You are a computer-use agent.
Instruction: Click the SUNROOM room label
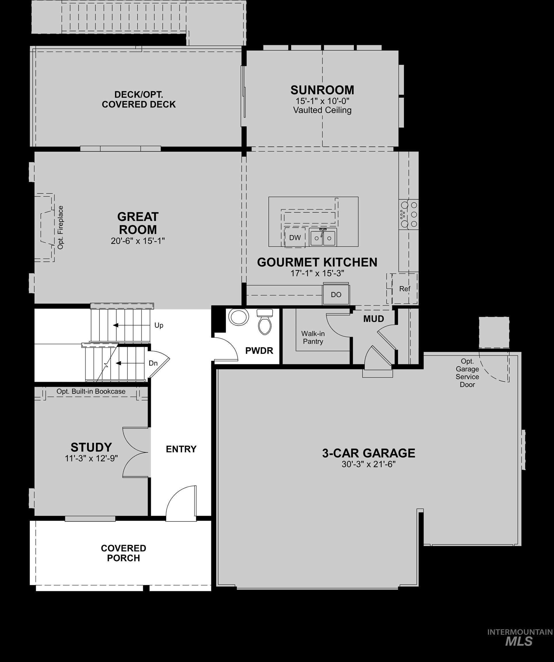322,90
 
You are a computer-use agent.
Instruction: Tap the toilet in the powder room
265,322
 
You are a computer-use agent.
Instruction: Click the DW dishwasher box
295,238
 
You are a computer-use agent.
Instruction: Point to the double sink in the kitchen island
323,237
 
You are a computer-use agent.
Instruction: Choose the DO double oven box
336,295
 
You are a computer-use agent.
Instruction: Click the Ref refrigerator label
405,288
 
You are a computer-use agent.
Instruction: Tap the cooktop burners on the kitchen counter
409,214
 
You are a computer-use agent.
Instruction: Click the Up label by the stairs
159,325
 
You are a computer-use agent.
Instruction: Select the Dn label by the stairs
153,363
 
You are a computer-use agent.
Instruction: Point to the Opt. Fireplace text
61,227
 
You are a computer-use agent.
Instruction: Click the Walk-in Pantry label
313,337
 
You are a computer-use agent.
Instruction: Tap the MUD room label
373,319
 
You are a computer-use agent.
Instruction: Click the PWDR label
259,351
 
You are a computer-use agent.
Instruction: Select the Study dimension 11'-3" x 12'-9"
91,458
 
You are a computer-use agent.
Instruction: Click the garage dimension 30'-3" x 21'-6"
368,464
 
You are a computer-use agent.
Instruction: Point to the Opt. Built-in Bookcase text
91,391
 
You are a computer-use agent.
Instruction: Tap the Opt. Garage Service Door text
467,373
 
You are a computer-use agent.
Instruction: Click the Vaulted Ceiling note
322,110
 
